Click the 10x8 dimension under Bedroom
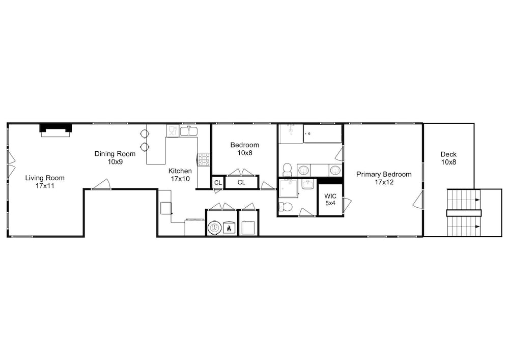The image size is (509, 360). (x=245, y=153)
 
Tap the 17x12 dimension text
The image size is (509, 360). (x=384, y=182)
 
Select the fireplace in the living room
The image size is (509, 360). (x=55, y=130)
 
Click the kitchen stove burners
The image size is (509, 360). (x=204, y=159)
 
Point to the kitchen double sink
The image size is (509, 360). (x=189, y=131)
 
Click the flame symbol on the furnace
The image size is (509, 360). (x=229, y=228)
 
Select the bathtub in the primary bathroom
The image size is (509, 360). (x=322, y=133)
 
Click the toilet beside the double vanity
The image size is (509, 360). (x=287, y=170)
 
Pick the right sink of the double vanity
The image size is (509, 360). (x=335, y=170)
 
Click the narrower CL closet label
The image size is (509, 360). (x=218, y=183)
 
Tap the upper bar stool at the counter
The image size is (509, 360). (x=144, y=133)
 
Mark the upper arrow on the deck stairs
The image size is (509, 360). (x=477, y=200)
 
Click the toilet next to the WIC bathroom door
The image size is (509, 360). (x=286, y=206)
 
